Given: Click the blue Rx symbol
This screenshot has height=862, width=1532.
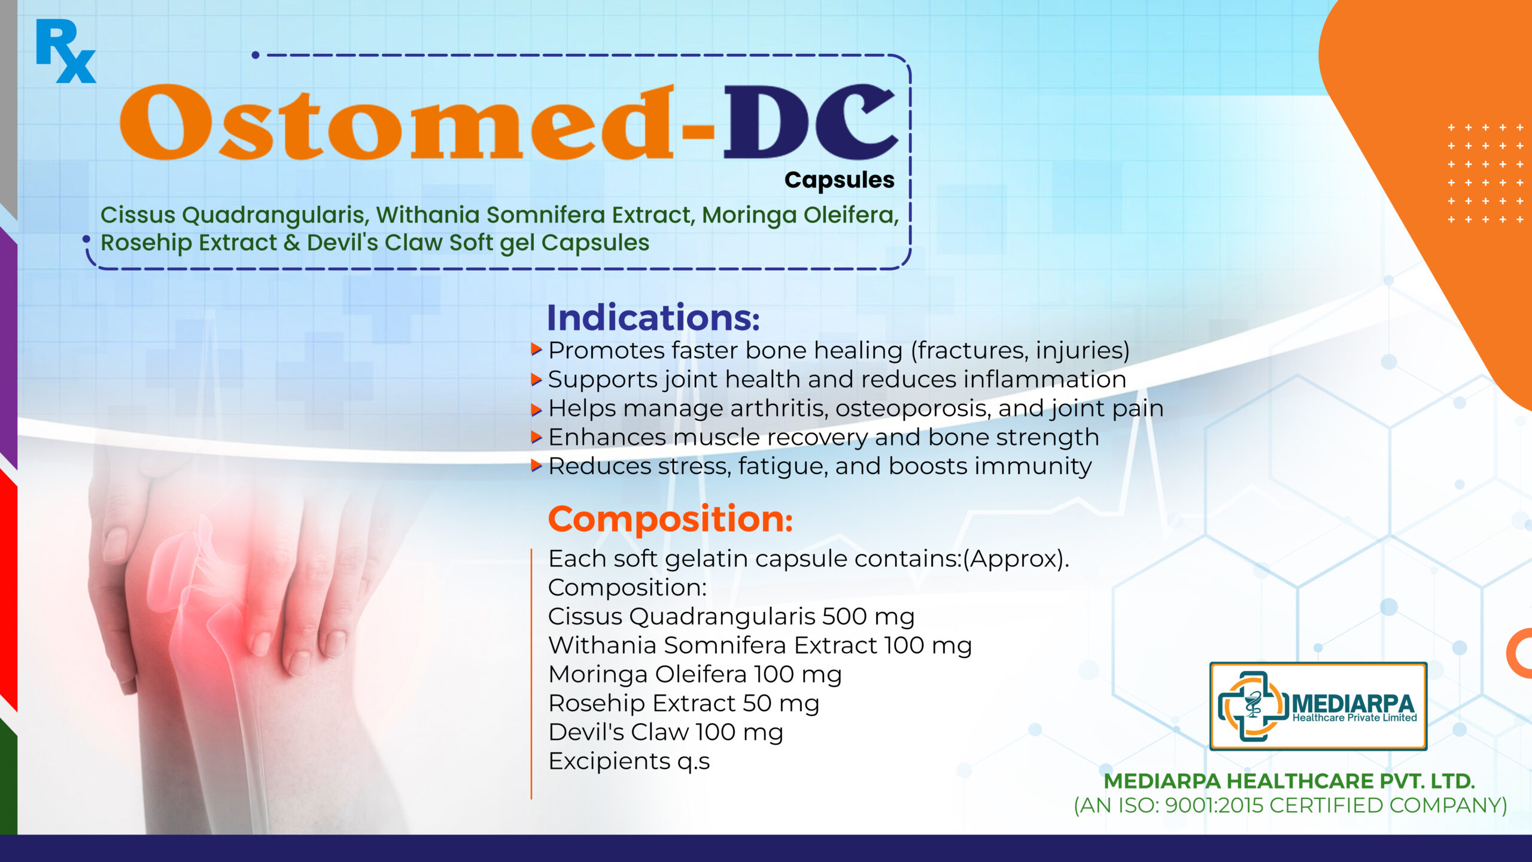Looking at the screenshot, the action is (x=65, y=51).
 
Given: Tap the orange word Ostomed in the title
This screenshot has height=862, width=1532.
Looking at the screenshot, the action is (x=397, y=123).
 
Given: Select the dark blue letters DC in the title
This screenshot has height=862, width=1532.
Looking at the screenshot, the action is (x=810, y=122).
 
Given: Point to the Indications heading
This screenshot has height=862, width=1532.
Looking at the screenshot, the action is (x=653, y=317).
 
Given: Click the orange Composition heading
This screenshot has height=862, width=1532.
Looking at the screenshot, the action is (x=670, y=519).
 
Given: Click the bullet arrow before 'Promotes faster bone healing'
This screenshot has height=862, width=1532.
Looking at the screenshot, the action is (x=536, y=350).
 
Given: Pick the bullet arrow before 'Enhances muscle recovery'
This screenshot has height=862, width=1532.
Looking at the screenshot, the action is (x=536, y=437).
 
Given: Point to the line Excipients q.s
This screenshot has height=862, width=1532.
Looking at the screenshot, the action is (x=629, y=761).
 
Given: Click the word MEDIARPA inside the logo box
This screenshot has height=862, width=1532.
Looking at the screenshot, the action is (x=1353, y=703).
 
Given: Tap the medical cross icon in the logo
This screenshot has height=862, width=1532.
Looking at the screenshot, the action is (x=1253, y=706).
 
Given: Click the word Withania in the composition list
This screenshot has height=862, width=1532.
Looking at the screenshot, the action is (x=603, y=645).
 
